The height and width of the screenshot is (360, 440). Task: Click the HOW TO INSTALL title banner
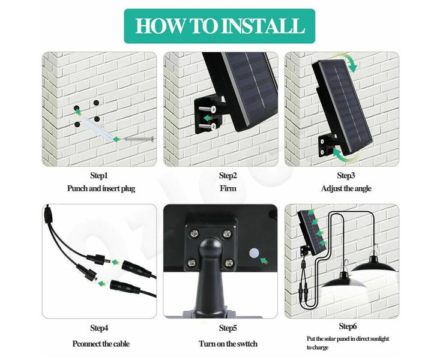coord(219,26)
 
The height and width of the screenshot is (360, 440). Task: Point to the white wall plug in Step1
coord(99,128)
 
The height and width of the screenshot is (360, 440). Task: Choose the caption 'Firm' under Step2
coord(228,188)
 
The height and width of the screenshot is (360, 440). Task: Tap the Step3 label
coord(346,176)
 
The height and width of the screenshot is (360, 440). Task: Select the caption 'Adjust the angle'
coord(346,188)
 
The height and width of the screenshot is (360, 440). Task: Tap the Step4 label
coord(99,328)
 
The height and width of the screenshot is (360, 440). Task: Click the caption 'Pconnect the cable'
coord(100,344)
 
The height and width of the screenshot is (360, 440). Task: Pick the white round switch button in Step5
coord(253,254)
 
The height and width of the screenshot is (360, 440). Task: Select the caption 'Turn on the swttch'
coord(229,344)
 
